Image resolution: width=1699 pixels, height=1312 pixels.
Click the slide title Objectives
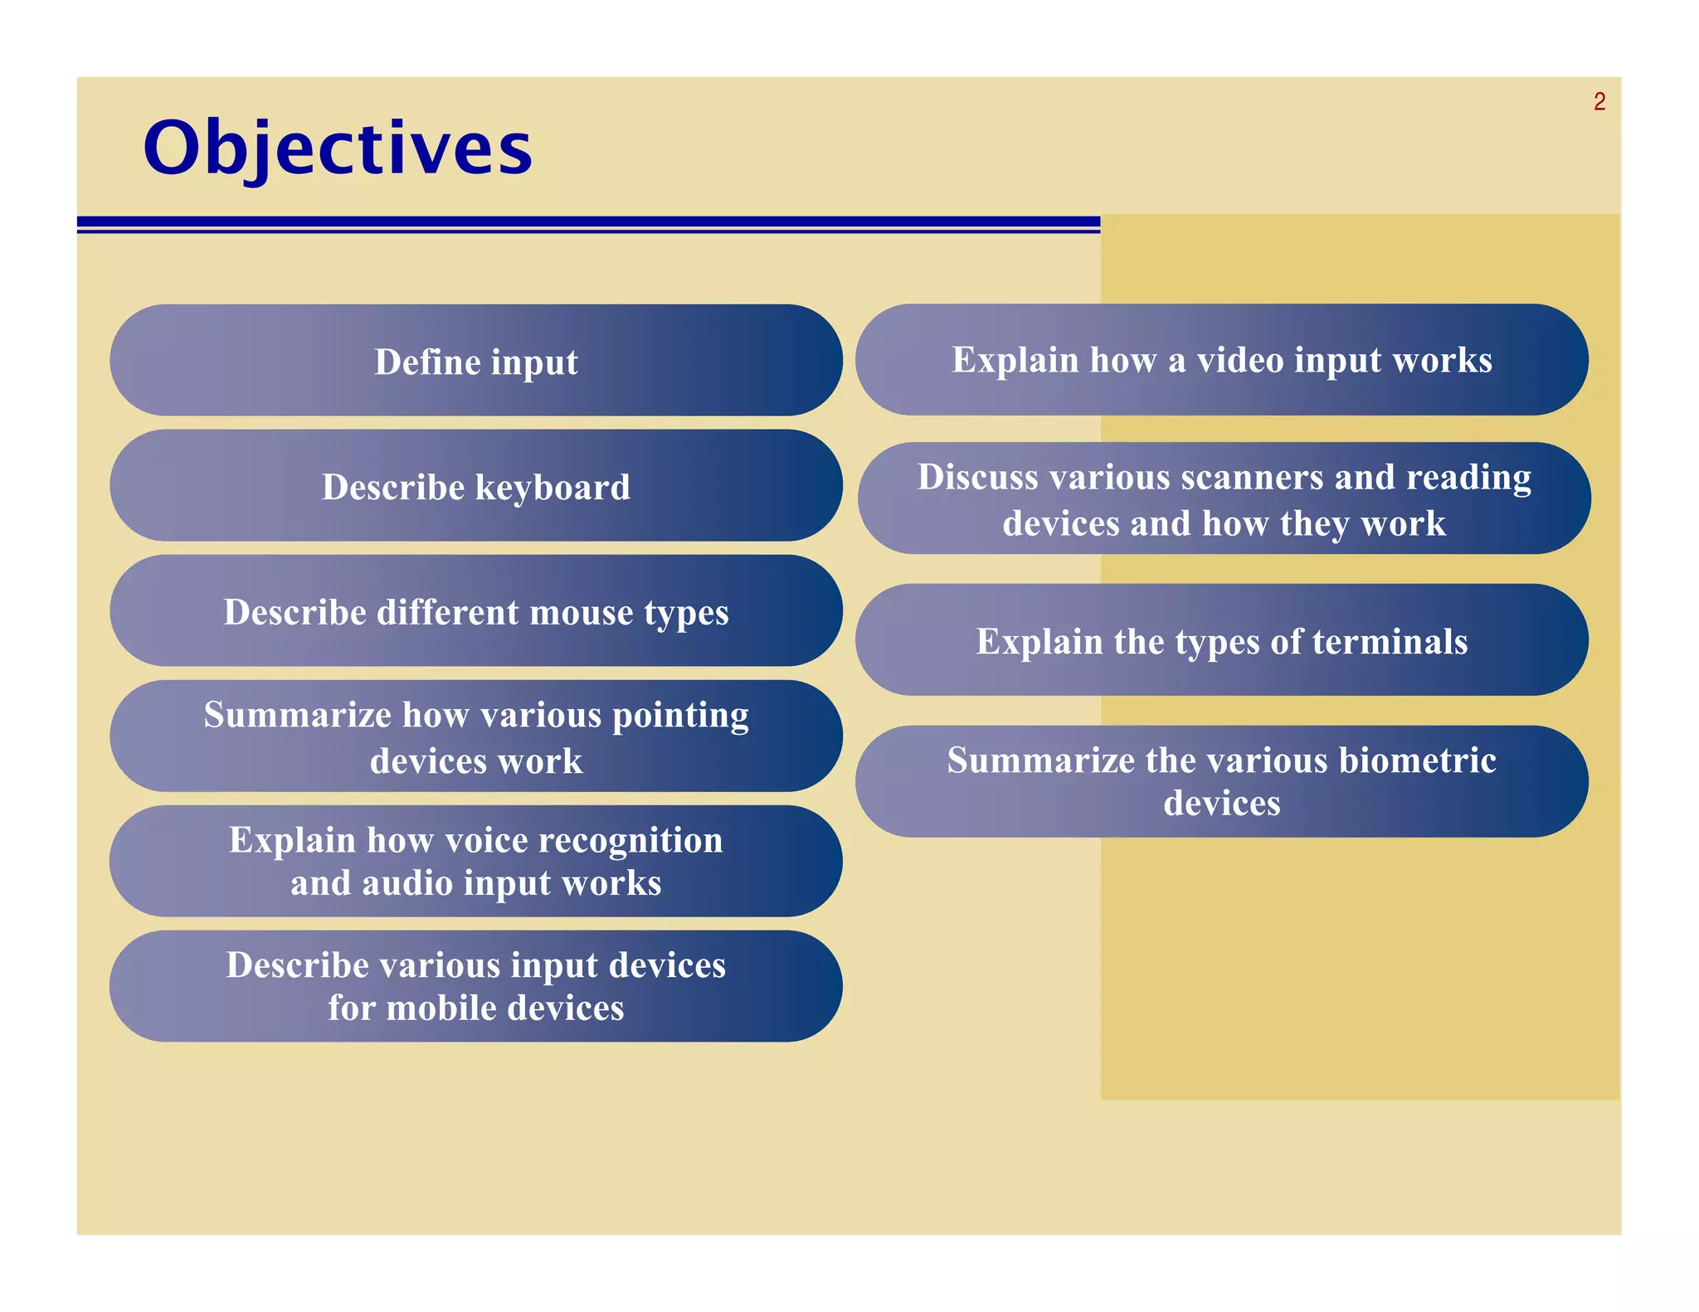[338, 149]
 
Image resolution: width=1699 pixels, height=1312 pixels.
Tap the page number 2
[1599, 102]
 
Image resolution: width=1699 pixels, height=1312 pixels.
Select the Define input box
[475, 361]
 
